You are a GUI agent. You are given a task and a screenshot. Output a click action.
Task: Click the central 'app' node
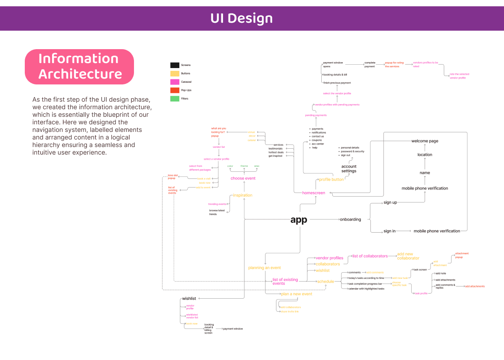[x=299, y=220]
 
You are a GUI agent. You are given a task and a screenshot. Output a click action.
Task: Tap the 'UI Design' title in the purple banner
[x=241, y=18]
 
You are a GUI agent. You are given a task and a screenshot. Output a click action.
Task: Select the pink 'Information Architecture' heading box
[x=79, y=66]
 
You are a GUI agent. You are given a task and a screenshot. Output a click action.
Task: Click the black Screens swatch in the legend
[x=175, y=65]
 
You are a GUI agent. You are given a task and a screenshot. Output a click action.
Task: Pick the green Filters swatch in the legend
[x=175, y=99]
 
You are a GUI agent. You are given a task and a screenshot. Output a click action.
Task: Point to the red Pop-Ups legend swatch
[x=175, y=90]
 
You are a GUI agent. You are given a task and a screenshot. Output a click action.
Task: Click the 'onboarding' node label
[x=350, y=219]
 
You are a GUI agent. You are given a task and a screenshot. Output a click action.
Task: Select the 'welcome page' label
[x=425, y=141]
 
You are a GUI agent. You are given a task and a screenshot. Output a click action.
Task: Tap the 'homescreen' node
[x=314, y=193]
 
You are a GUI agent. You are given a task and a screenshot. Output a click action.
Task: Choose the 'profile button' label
[x=331, y=179]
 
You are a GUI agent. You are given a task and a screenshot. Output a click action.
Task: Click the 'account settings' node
[x=349, y=169]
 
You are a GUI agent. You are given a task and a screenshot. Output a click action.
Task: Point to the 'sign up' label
[x=390, y=202]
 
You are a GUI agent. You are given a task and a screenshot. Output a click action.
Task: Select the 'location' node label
[x=425, y=155]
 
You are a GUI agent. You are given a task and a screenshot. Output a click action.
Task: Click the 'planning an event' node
[x=265, y=268]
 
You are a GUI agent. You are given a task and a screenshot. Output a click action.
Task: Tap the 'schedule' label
[x=325, y=281]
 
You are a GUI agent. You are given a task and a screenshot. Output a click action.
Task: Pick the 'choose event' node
[x=243, y=178]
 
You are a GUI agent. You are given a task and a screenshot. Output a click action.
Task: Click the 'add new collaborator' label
[x=408, y=256]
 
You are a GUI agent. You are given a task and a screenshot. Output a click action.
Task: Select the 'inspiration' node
[x=243, y=195]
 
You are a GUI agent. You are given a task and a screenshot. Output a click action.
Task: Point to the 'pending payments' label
[x=316, y=115]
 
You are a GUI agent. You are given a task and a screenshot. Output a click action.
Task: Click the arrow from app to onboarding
[x=323, y=219]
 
